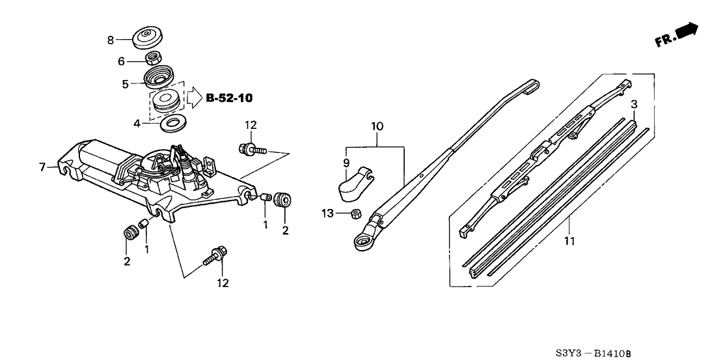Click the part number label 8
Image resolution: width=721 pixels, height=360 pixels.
click(111, 40)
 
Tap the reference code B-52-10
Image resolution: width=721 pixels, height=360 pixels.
click(229, 98)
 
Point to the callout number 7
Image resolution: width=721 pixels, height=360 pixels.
click(42, 167)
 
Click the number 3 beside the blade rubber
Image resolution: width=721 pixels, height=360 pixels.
click(634, 104)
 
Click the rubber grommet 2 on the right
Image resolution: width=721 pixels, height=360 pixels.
click(281, 199)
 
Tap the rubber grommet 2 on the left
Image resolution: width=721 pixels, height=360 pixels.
click(129, 232)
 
